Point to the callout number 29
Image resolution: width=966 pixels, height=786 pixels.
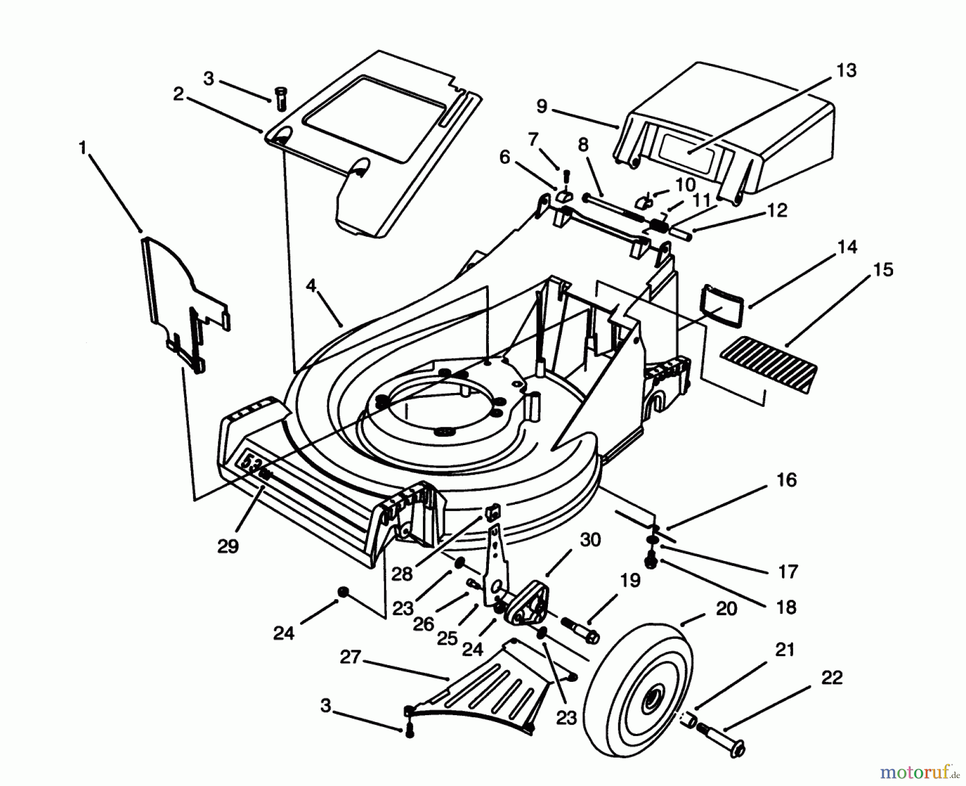click(228, 547)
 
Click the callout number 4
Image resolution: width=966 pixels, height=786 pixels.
click(311, 286)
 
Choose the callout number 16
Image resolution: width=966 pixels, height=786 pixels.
click(786, 479)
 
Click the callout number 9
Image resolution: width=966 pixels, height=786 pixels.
click(541, 106)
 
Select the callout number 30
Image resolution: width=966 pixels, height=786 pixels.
click(590, 540)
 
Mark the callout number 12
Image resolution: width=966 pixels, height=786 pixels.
click(777, 210)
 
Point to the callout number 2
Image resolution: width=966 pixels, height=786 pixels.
click(178, 94)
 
